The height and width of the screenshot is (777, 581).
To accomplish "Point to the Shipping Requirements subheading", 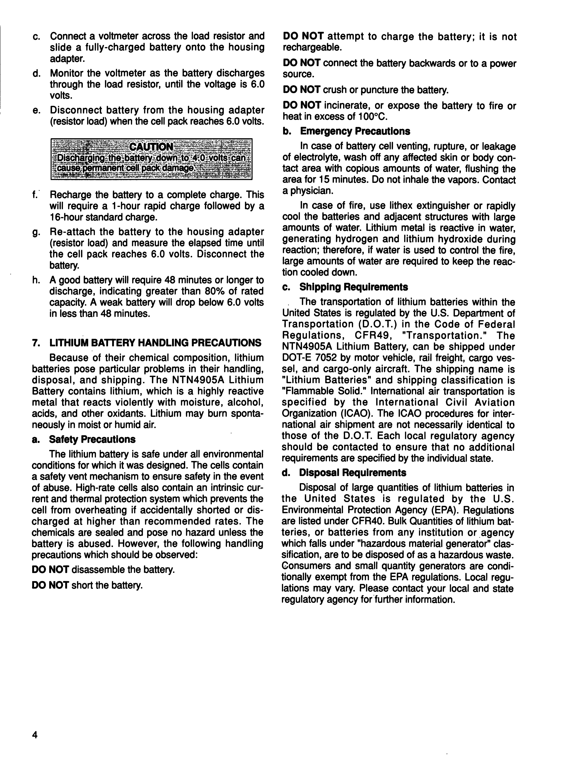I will pos(353,287).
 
